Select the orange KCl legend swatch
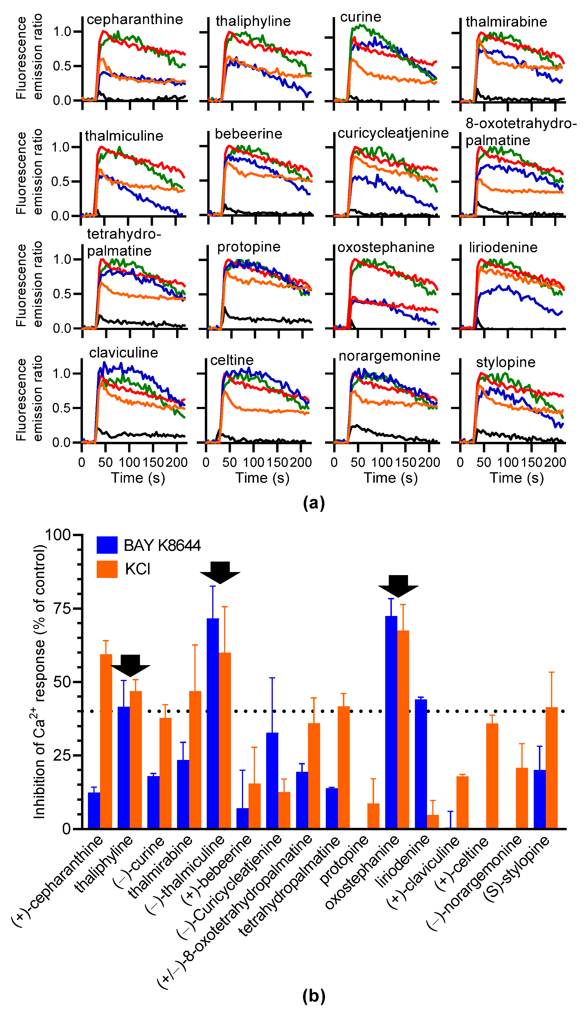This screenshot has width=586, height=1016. tap(107, 569)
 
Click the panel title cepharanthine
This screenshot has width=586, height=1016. tap(135, 19)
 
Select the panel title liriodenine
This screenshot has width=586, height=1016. tap(503, 247)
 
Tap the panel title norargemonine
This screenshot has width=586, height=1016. tap(389, 356)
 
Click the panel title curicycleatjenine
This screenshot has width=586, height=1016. tap(393, 133)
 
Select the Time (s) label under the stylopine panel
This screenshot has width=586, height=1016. tap(516, 478)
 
